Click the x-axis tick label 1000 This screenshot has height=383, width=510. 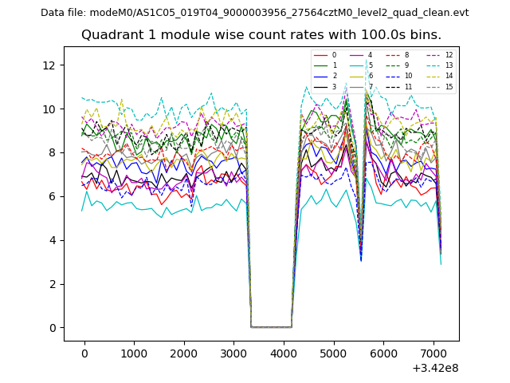point(134,353)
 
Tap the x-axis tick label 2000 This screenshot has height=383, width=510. point(183,353)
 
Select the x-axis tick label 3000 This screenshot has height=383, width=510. point(233,353)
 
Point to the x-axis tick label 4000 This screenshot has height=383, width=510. point(283,353)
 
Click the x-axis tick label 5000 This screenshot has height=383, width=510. point(333,353)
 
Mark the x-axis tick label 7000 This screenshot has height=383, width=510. point(433,353)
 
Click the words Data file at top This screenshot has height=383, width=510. point(63,13)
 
